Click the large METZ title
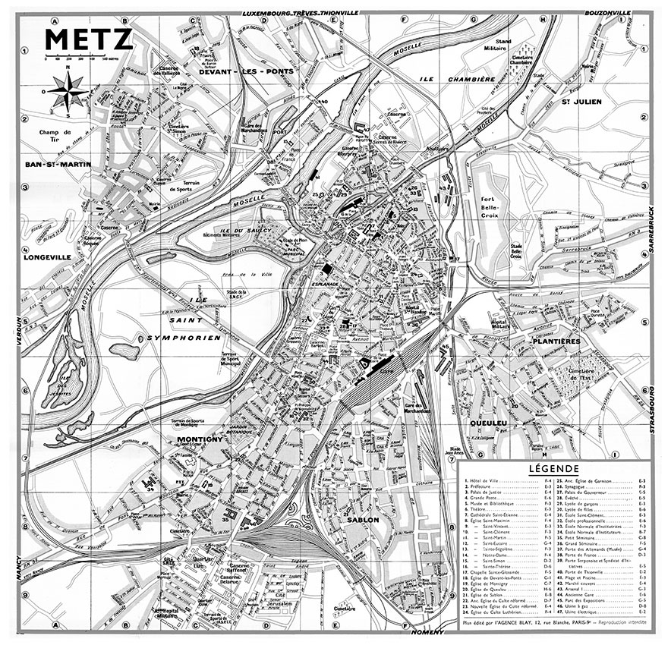pyautogui.click(x=90, y=39)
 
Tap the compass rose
pyautogui.click(x=68, y=93)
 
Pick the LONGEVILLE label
pyautogui.click(x=47, y=256)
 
